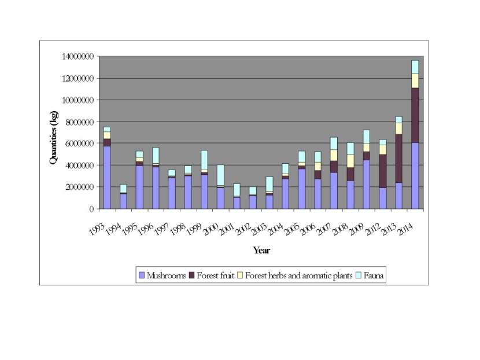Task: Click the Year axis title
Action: coord(261,251)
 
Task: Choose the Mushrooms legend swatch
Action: coord(142,275)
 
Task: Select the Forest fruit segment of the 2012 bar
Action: coord(382,171)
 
